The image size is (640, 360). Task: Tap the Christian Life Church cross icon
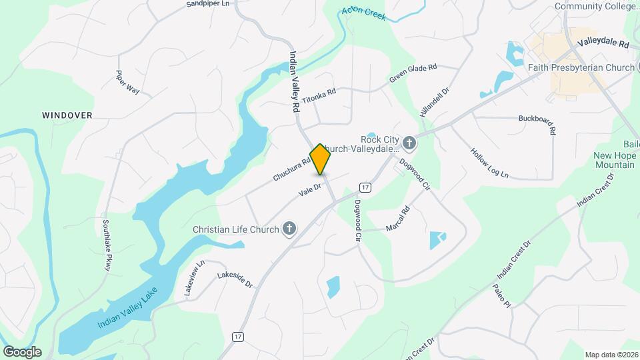pos(289,229)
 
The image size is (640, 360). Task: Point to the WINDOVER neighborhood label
pos(67,115)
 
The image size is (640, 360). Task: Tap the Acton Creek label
pos(363,13)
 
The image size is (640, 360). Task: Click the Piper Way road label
pos(127,82)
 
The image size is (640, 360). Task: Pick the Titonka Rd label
pos(319,96)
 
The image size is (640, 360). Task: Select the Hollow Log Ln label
pos(489,163)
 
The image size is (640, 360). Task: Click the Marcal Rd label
pos(398,219)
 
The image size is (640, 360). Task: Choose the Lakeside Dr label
pos(235,280)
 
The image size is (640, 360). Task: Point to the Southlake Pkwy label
pos(106,245)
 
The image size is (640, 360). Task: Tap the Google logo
pos(22,351)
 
